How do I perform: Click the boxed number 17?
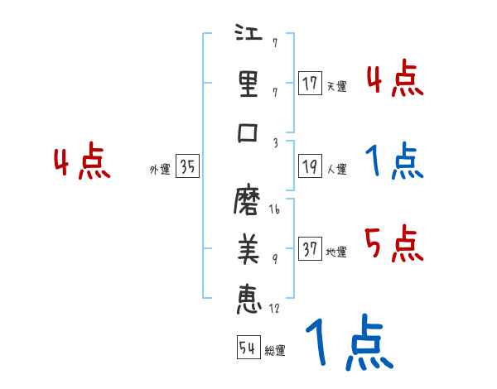tap(311, 84)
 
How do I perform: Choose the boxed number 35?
tap(187, 167)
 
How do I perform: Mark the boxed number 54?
tap(246, 348)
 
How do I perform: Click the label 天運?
tap(336, 86)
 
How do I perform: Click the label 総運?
tap(274, 351)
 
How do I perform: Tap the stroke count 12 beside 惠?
tap(274, 310)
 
